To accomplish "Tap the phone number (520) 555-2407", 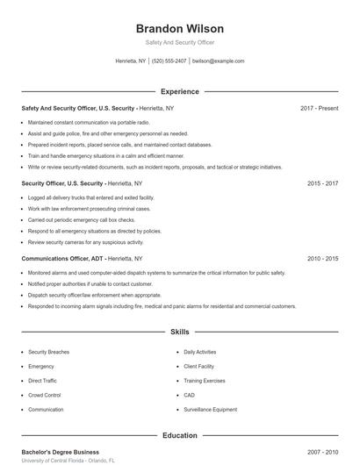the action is [x=169, y=61].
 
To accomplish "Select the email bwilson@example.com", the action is [x=218, y=61].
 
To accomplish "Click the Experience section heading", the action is [x=180, y=91].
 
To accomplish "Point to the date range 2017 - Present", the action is [x=319, y=108].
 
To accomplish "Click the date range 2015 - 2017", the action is [x=322, y=183].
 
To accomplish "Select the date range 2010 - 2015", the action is [x=322, y=259].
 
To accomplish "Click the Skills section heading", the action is [x=180, y=333].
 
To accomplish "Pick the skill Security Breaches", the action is [x=48, y=351].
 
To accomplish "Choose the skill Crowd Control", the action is [x=45, y=395].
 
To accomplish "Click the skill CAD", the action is [x=189, y=395].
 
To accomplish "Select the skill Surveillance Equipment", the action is [x=210, y=410].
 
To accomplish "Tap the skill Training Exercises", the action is [x=205, y=381].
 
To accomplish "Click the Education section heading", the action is [x=180, y=435].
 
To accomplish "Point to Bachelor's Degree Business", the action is [x=60, y=452].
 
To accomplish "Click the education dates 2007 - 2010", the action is [x=322, y=452].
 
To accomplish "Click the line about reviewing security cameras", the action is [x=85, y=241].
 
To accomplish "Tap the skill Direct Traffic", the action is [x=42, y=381].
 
